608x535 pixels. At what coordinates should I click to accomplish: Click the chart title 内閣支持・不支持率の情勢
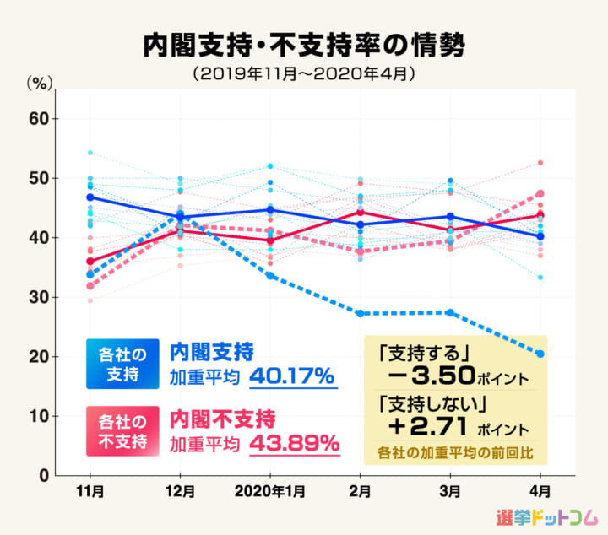coord(303,45)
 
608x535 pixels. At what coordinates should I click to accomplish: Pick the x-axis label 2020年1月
coord(269,491)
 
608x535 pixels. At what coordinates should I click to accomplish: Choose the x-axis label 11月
coord(90,491)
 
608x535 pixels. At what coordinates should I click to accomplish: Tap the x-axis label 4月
coord(540,491)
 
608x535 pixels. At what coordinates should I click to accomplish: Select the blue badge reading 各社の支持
coord(122,365)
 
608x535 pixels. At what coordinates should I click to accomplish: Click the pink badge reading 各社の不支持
coord(122,430)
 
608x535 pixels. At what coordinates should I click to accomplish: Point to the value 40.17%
coord(294,375)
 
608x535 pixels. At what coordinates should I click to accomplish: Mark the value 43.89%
coord(294,442)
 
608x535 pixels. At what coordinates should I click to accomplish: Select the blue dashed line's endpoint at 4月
coord(540,354)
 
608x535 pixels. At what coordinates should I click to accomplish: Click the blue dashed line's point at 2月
coord(360,313)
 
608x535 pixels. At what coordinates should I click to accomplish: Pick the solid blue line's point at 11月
coord(90,197)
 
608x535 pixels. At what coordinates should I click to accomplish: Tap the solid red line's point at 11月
coord(90,261)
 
